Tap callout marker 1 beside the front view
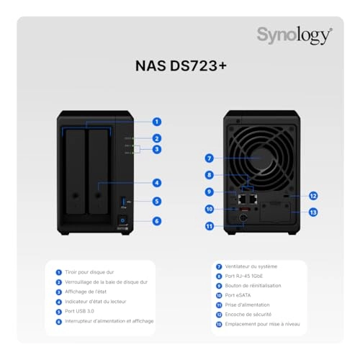[x=156, y=122]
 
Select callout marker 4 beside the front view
[x=156, y=183]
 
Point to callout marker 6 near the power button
[x=156, y=221]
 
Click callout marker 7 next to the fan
[x=208, y=157]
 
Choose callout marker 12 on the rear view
[x=313, y=195]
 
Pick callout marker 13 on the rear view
[x=313, y=212]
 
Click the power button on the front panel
[x=123, y=221]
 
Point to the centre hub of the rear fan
[x=260, y=149]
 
